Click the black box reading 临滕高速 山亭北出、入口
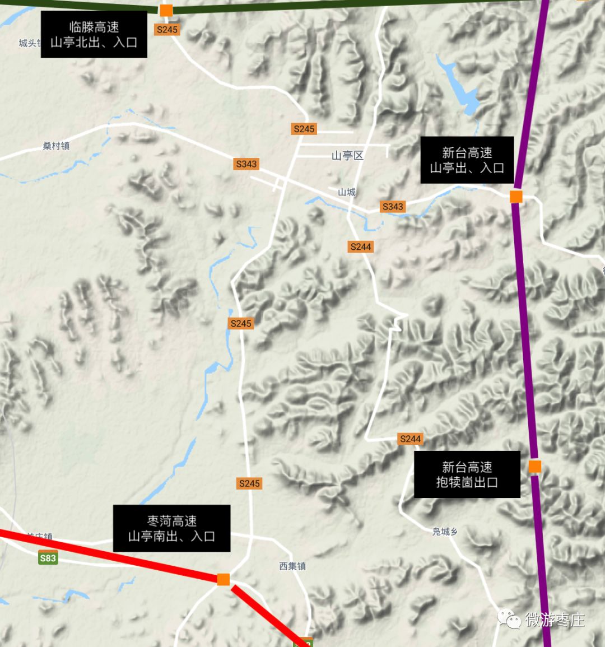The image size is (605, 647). click(x=94, y=35)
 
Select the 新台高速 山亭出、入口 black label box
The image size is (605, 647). click(x=467, y=160)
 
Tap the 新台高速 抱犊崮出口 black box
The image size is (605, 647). click(x=467, y=474)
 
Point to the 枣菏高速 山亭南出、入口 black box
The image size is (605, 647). click(x=171, y=528)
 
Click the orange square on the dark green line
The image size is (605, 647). click(x=166, y=10)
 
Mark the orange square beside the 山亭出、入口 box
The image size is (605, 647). click(x=516, y=197)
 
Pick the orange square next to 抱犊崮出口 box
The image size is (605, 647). click(x=535, y=466)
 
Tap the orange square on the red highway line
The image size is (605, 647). click(x=224, y=579)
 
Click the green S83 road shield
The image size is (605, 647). click(x=48, y=558)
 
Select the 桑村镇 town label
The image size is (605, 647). click(x=56, y=146)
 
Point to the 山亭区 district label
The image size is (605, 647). click(x=347, y=156)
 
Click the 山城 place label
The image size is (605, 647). click(x=347, y=192)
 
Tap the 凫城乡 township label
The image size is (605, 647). click(x=445, y=532)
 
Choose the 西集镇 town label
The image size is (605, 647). click(x=292, y=566)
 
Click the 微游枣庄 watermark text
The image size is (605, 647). click(x=555, y=620)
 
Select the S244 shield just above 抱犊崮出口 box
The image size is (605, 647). click(x=411, y=439)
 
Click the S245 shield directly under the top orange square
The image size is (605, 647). click(x=167, y=30)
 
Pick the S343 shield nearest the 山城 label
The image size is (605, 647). click(x=393, y=207)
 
